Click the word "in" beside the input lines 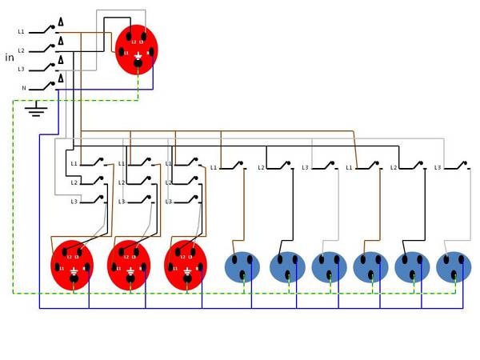[10, 57]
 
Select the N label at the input [22, 87]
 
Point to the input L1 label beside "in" [21, 31]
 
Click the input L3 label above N [22, 69]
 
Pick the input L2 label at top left [22, 50]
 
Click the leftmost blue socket [246, 266]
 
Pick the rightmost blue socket [454, 266]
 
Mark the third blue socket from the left [329, 266]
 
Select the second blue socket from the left [287, 266]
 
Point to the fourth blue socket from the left [370, 266]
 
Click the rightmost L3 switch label [438, 167]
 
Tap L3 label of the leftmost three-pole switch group [74, 202]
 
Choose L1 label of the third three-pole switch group [169, 164]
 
